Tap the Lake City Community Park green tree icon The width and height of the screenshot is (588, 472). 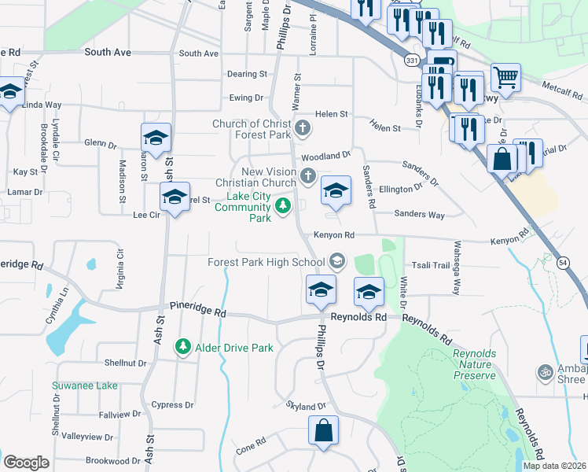[x=283, y=207]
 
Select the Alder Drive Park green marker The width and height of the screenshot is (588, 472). [x=183, y=346]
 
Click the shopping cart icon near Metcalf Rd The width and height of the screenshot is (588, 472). [x=505, y=77]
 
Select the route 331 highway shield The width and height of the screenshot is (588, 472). [x=411, y=60]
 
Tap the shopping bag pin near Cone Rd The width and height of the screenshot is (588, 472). [x=323, y=430]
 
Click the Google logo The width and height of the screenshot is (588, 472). [x=26, y=463]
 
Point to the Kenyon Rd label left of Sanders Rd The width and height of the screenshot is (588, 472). [x=334, y=234]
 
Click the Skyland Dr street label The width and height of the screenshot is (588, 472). [x=306, y=406]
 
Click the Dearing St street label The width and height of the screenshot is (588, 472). [x=247, y=74]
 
